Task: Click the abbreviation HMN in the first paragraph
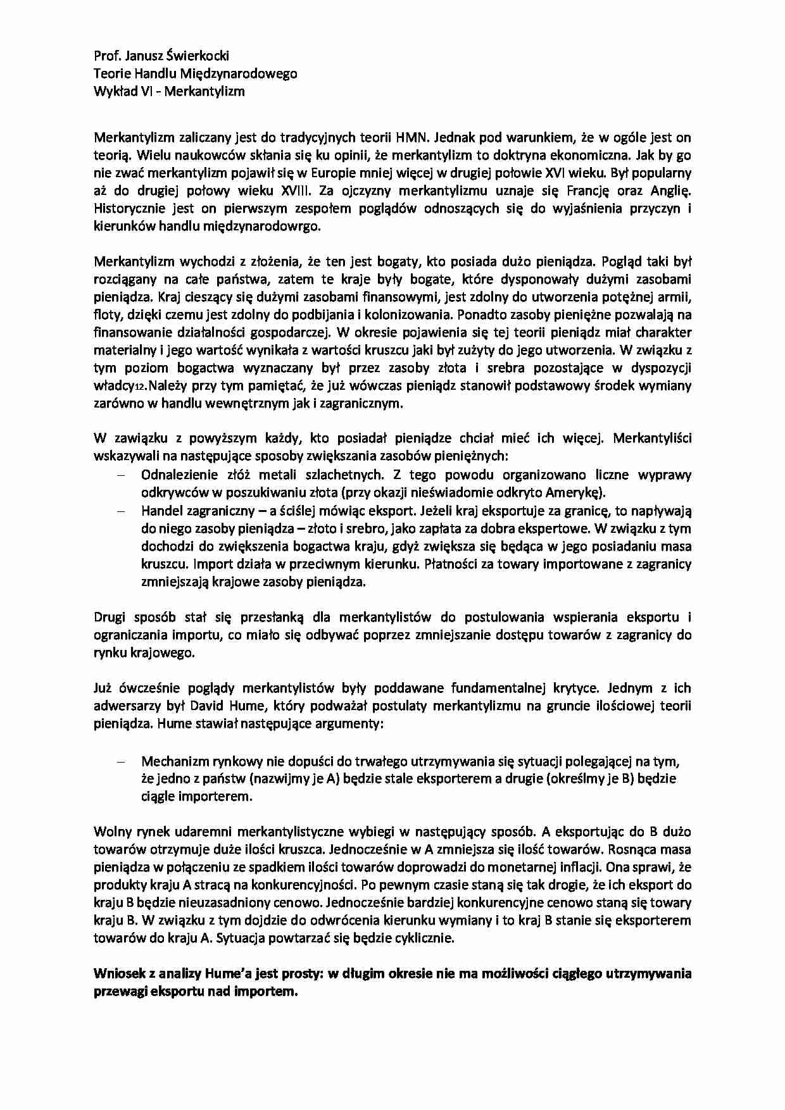pos(414,137)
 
